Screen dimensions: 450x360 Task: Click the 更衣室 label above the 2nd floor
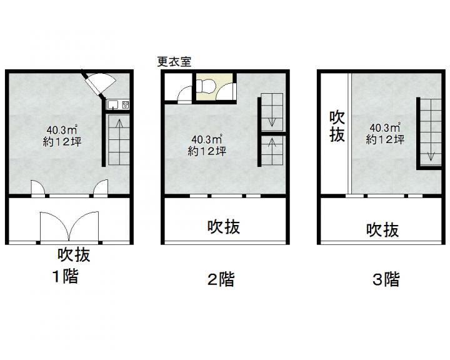pyautogui.click(x=174, y=62)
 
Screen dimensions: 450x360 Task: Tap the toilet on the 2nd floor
pyautogui.click(x=206, y=86)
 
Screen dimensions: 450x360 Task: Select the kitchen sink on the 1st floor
pyautogui.click(x=113, y=105)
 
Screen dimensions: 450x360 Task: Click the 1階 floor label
pyautogui.click(x=65, y=276)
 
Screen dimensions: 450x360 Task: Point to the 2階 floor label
pyautogui.click(x=221, y=279)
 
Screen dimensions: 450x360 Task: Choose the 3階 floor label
pyautogui.click(x=386, y=279)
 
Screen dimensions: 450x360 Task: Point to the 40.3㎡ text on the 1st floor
pyautogui.click(x=62, y=130)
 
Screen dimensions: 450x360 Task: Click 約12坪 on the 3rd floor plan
pyautogui.click(x=385, y=139)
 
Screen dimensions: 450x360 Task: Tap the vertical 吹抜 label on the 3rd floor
pyautogui.click(x=337, y=126)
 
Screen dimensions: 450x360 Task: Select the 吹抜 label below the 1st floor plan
pyautogui.click(x=74, y=254)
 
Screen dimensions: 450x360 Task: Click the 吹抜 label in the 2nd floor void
pyautogui.click(x=224, y=227)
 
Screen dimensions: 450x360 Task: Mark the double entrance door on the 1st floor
pyautogui.click(x=69, y=227)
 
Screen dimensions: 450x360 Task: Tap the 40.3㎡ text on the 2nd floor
pyautogui.click(x=207, y=139)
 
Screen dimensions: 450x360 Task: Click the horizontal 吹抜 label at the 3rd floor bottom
pyautogui.click(x=382, y=229)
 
